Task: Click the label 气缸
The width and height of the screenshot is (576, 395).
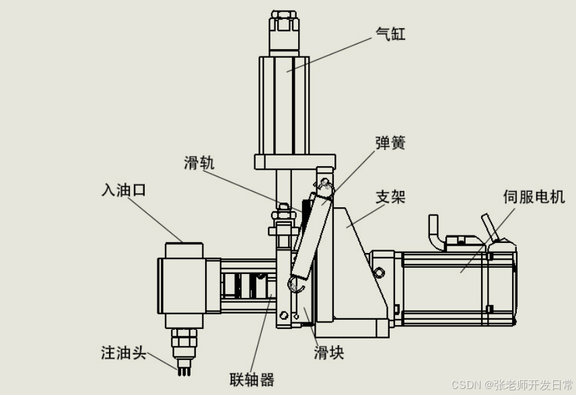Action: [x=390, y=33]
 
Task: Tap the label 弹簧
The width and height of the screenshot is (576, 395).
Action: [x=390, y=143]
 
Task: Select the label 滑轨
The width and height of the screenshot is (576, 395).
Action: [x=199, y=164]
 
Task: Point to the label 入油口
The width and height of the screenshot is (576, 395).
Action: [x=120, y=190]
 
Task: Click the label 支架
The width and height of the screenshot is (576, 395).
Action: [x=390, y=196]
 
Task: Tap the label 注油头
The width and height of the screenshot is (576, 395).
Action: [x=123, y=352]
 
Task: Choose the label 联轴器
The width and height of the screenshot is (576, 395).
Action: [x=252, y=380]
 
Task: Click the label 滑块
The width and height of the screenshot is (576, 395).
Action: [x=329, y=353]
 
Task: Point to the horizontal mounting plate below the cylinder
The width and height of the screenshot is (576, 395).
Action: [x=294, y=161]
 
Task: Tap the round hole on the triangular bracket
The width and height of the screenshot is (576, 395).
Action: [x=380, y=272]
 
